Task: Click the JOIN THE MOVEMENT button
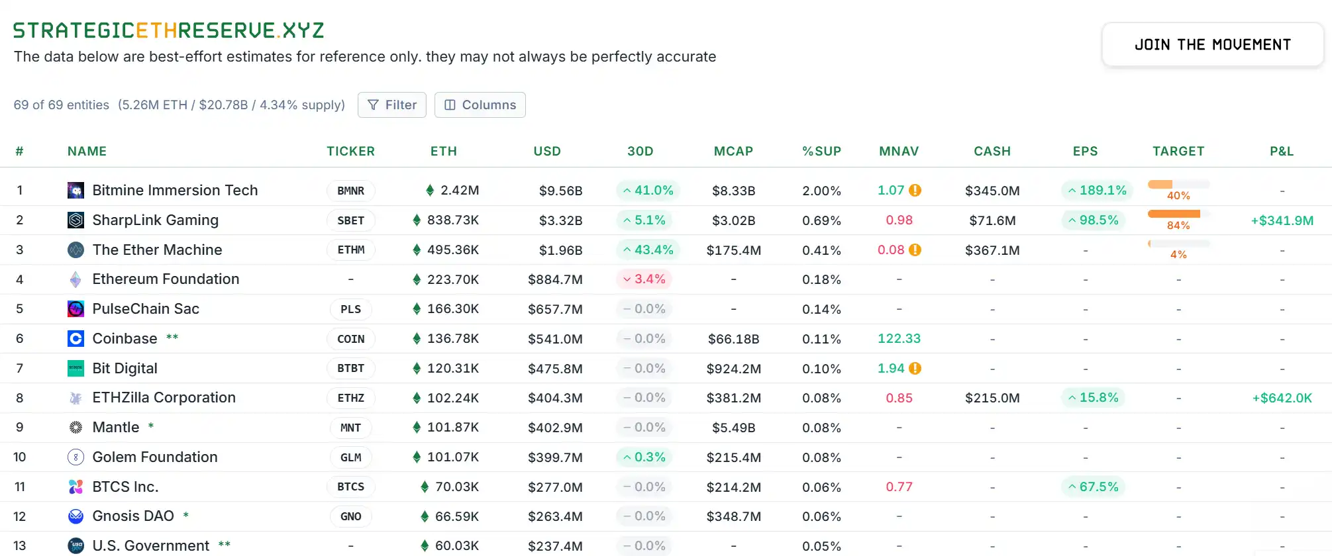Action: pos(1212,45)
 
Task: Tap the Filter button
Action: pos(391,105)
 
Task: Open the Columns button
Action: pos(480,105)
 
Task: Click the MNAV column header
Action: pos(898,151)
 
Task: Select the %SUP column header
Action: pos(821,151)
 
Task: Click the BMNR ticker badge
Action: pos(350,191)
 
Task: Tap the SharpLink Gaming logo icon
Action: pos(76,220)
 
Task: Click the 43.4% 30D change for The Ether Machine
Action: pos(647,250)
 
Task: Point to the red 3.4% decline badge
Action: pos(644,279)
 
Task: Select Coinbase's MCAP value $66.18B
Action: pos(733,339)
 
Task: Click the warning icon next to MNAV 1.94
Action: pos(915,369)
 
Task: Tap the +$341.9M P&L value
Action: pos(1282,220)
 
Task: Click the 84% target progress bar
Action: pos(1178,214)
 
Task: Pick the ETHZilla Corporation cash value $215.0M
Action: pos(992,398)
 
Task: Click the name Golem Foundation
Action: pos(154,457)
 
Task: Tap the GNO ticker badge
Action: pos(350,516)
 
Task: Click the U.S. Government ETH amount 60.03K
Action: pos(456,546)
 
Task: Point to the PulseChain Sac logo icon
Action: pos(76,309)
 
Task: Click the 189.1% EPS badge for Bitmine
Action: pos(1096,191)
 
